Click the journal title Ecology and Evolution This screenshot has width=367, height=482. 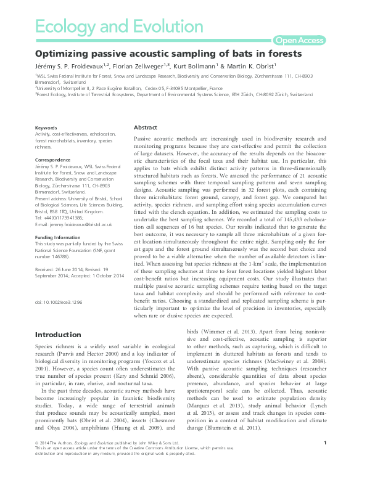point(119,26)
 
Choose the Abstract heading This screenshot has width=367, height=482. point(146,127)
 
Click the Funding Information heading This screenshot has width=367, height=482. point(60,235)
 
